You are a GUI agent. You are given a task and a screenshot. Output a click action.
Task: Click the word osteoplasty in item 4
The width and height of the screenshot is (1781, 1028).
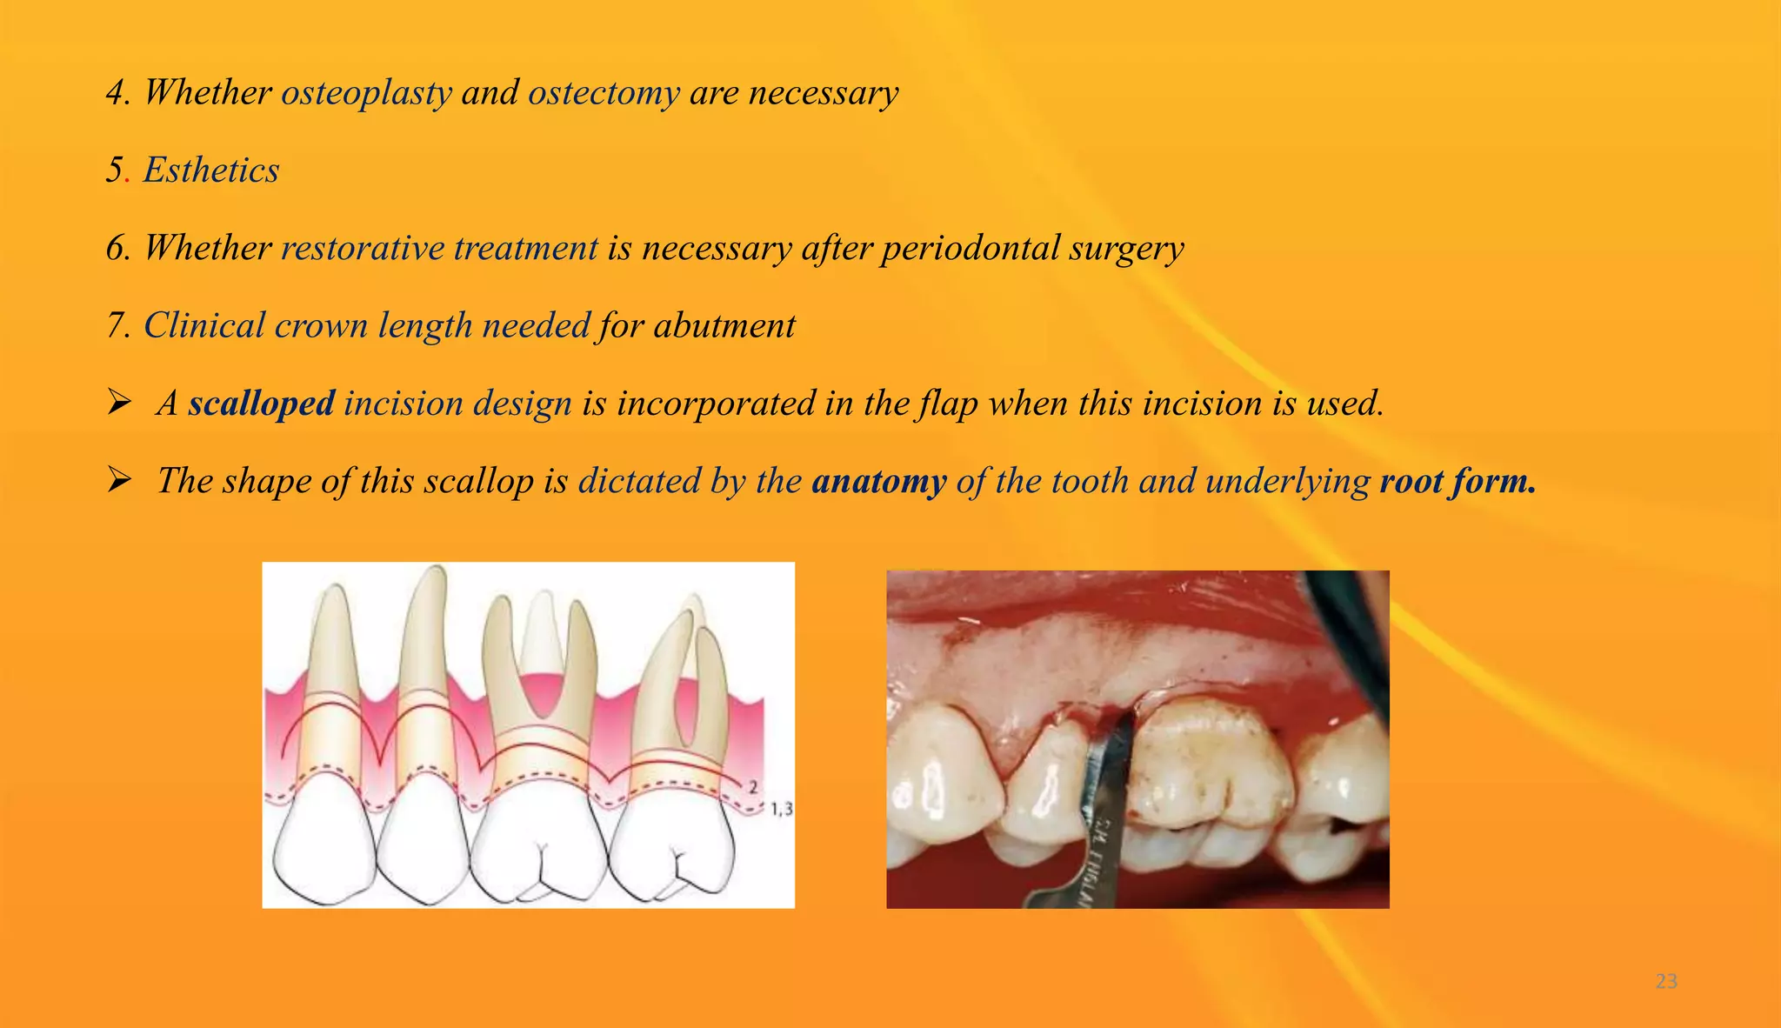366,93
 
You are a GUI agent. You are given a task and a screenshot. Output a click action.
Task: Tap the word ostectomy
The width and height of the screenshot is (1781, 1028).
604,93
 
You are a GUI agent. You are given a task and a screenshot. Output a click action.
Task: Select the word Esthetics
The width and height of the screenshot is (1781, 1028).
211,170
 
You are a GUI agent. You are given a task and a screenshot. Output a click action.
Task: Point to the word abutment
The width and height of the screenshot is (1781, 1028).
724,326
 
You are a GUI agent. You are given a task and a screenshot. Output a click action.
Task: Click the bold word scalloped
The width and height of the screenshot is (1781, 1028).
261,404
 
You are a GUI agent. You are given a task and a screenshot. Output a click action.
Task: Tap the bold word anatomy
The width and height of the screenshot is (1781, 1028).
878,481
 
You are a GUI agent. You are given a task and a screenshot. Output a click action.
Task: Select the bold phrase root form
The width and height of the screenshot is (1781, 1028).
1457,481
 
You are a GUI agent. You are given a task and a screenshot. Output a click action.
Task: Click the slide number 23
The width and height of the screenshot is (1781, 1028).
1666,982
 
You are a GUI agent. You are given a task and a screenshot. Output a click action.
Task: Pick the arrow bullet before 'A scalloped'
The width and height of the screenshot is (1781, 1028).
119,403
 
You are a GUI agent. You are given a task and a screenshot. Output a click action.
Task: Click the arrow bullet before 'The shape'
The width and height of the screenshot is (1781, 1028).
119,480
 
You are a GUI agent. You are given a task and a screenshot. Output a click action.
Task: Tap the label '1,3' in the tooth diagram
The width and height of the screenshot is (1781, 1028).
781,810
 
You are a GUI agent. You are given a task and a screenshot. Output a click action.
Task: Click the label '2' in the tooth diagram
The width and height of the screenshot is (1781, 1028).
753,787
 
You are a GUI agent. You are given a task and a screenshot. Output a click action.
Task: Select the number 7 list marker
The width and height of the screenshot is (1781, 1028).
117,326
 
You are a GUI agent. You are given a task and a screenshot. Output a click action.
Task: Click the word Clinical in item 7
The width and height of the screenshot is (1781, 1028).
204,326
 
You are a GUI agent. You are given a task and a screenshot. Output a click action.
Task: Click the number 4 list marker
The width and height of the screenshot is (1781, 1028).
117,93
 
